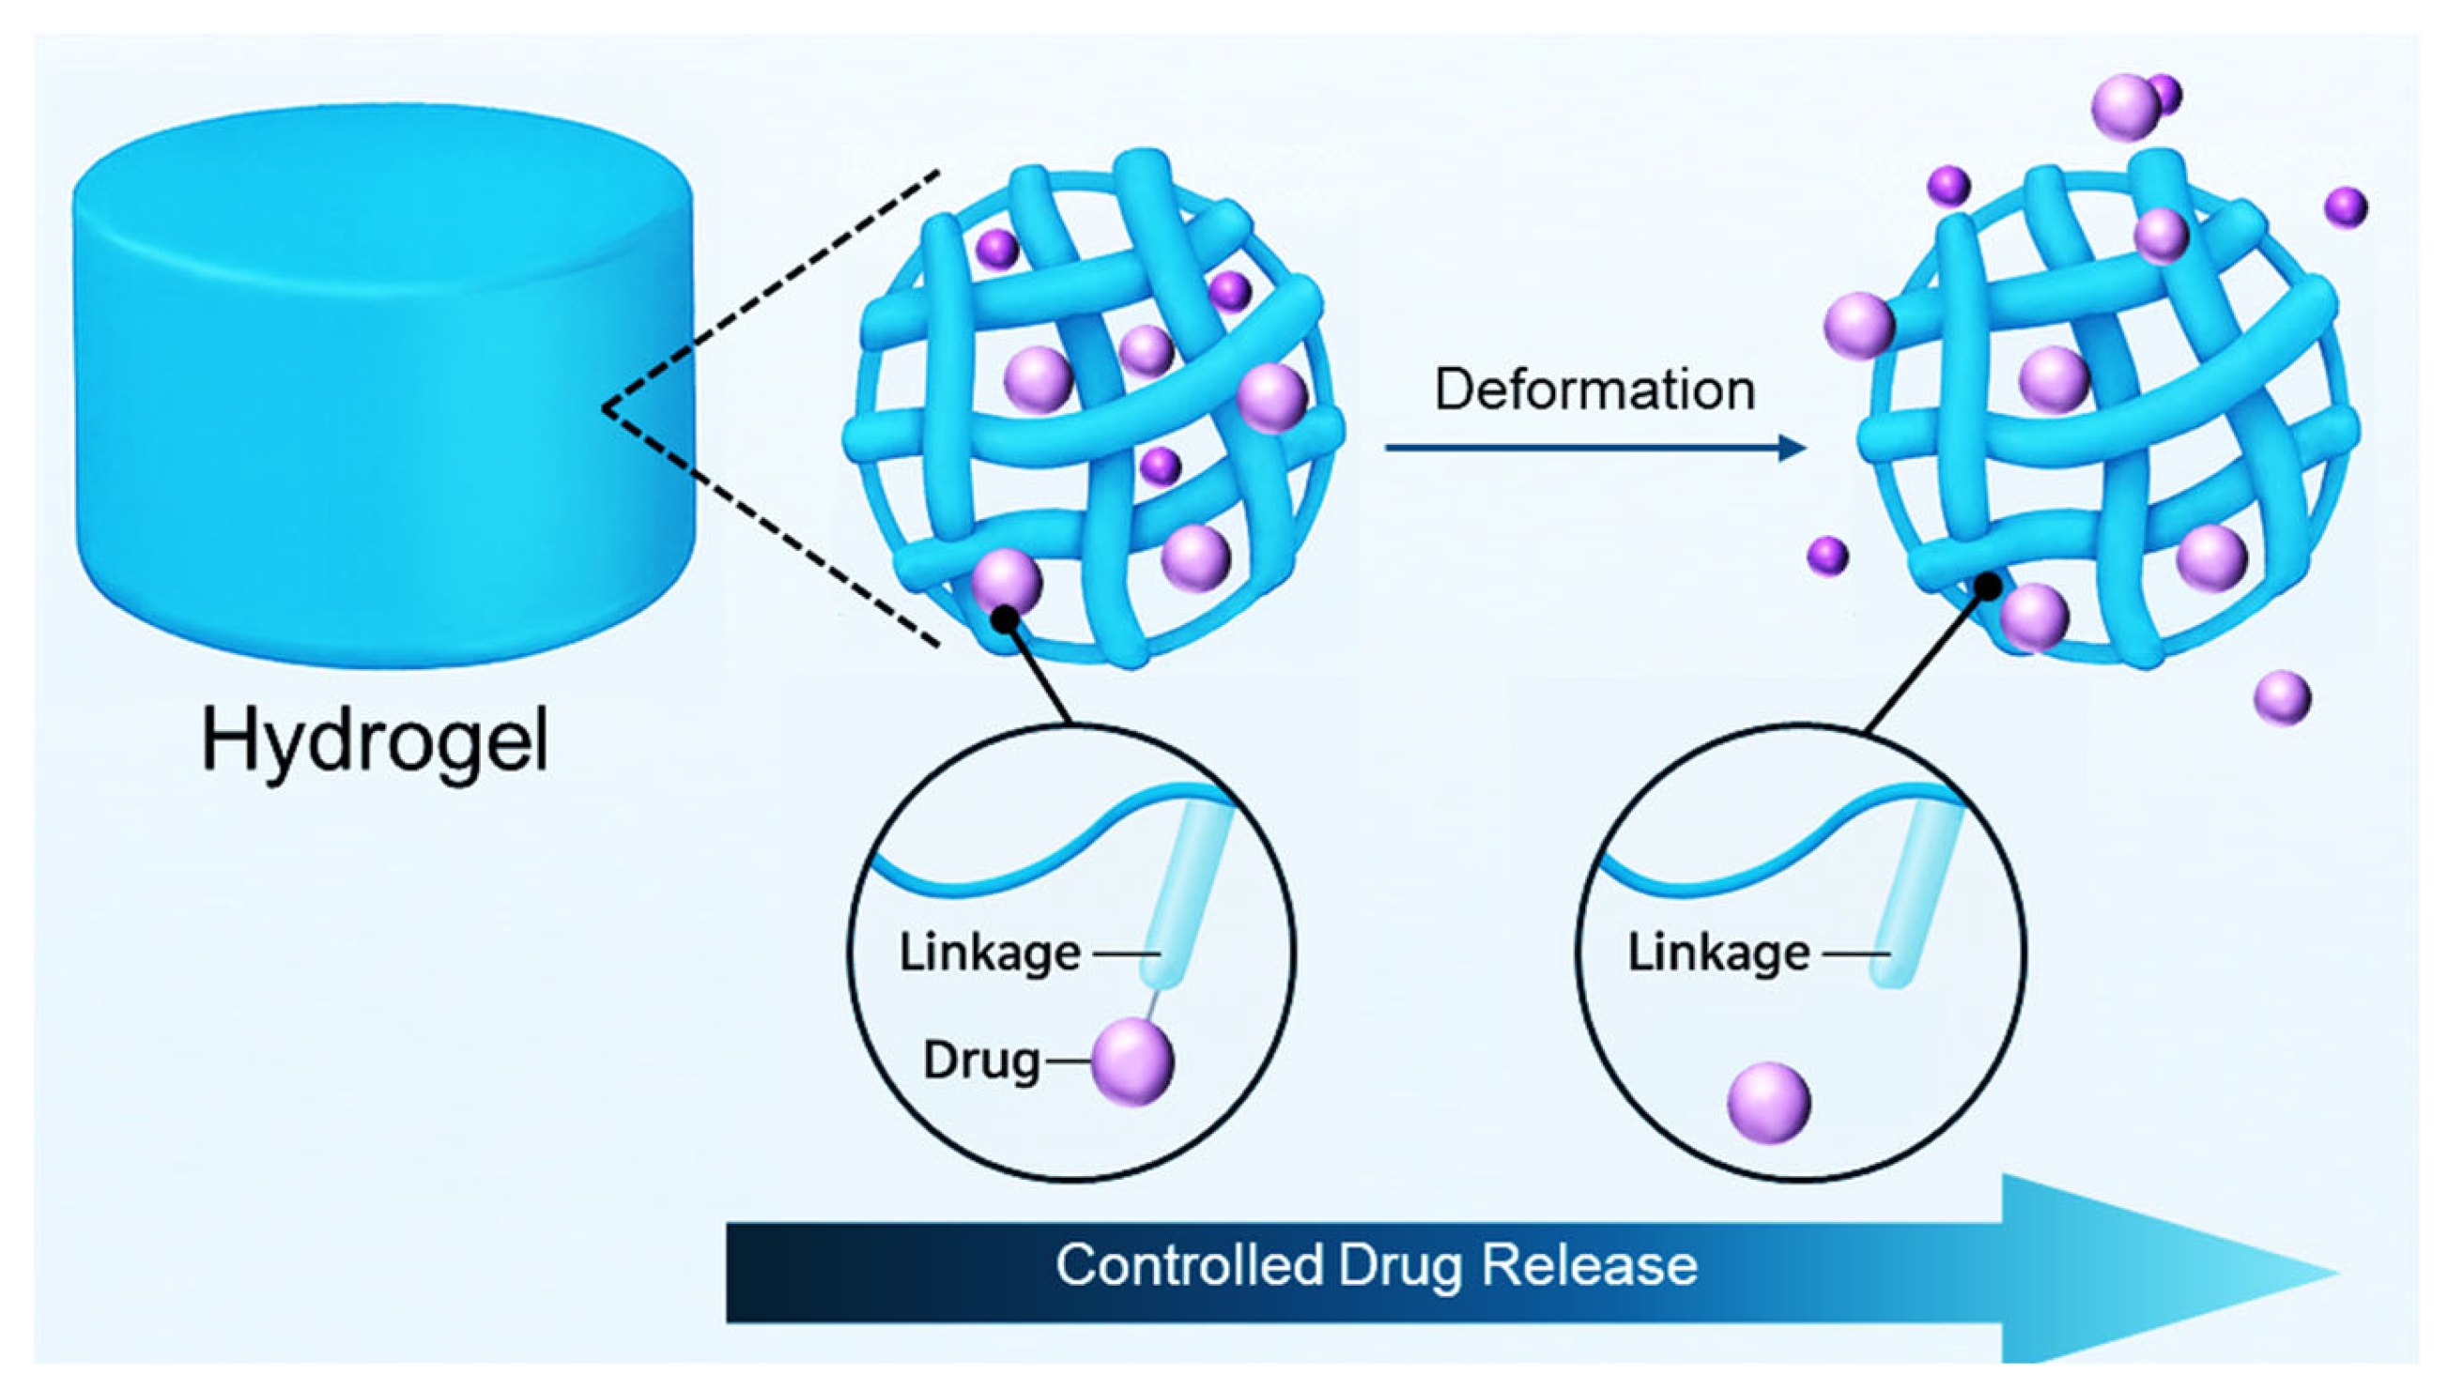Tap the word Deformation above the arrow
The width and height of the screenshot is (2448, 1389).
pos(1594,390)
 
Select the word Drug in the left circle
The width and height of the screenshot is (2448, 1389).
pos(981,1060)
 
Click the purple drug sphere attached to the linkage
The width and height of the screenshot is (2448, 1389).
pos(1132,1060)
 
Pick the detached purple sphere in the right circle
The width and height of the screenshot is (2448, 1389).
pos(1768,1102)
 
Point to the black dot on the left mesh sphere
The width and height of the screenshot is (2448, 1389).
pos(1003,620)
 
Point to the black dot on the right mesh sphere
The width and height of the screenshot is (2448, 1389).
pos(1988,587)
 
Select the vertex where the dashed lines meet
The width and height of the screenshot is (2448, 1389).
pos(605,408)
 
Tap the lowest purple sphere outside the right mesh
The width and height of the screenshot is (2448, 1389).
pos(2282,697)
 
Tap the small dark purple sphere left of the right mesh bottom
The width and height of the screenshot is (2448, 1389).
pos(1827,556)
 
